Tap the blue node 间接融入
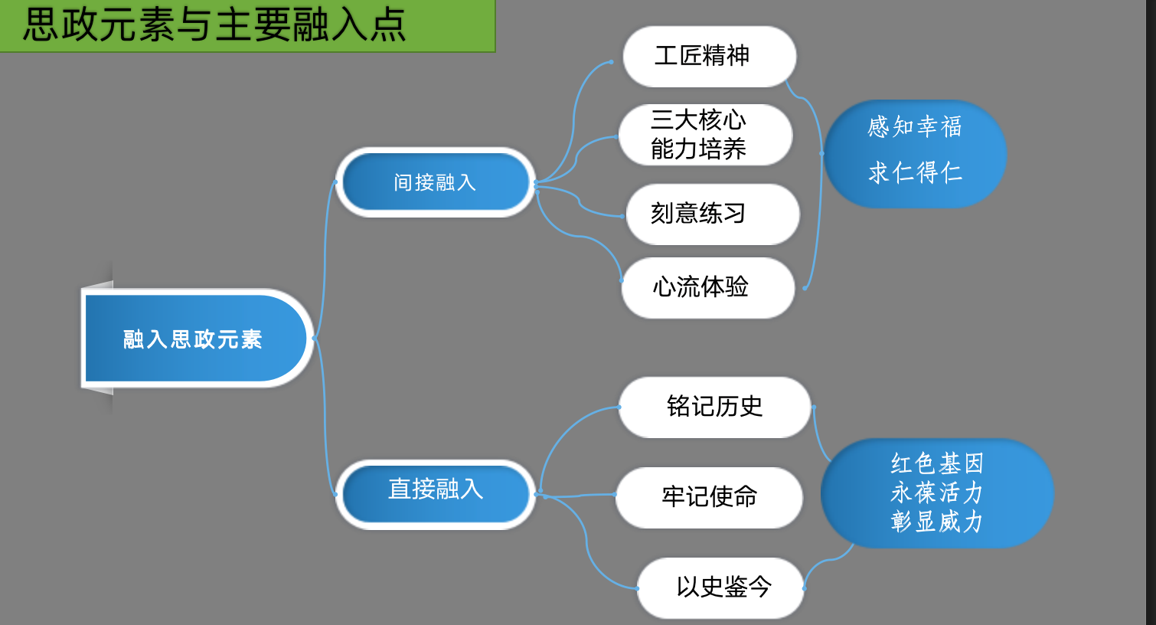coord(435,182)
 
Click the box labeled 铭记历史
coord(714,407)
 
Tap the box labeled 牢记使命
coord(709,497)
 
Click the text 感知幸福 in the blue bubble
coord(914,127)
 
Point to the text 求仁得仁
coord(914,173)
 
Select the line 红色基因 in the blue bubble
coord(936,463)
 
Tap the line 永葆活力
coord(936,492)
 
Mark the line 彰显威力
coord(936,522)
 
